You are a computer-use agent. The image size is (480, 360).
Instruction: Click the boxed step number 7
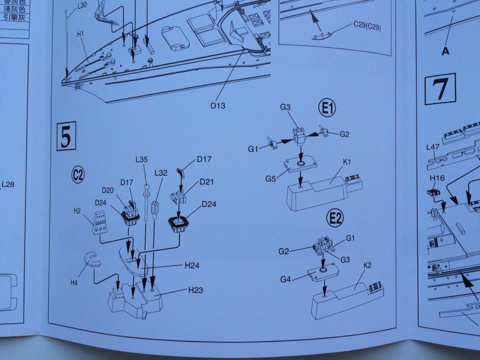(x=440, y=89)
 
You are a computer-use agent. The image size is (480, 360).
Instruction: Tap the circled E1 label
(x=328, y=108)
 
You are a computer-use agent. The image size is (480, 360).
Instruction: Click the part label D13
(x=218, y=105)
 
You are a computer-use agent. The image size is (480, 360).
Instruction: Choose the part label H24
(x=192, y=265)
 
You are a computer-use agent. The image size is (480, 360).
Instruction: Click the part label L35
(x=141, y=160)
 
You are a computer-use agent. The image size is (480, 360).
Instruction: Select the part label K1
(x=348, y=161)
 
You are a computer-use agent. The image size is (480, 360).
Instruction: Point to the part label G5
(x=270, y=178)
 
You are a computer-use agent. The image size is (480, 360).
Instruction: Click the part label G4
(x=285, y=279)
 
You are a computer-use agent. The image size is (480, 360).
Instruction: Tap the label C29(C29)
(x=366, y=26)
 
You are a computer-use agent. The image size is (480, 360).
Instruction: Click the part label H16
(x=436, y=177)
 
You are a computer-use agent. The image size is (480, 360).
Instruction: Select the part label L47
(x=432, y=147)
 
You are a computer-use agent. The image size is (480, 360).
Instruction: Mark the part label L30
(x=82, y=6)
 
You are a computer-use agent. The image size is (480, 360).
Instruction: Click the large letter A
(x=444, y=50)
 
